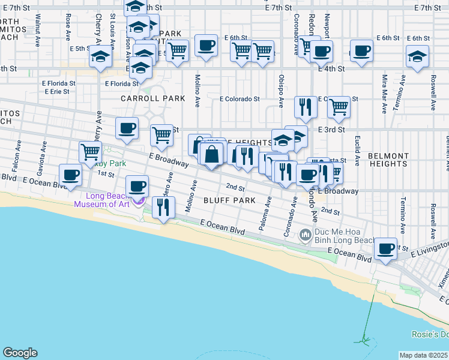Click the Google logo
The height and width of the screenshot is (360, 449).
20,353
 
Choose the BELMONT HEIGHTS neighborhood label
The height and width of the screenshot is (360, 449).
388,159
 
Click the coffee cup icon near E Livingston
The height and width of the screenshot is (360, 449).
385,248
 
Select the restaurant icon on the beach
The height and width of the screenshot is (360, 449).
163,208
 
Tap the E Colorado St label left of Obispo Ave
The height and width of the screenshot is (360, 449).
240,99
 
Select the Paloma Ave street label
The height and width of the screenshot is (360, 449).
265,209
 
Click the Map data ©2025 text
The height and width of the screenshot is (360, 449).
423,355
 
